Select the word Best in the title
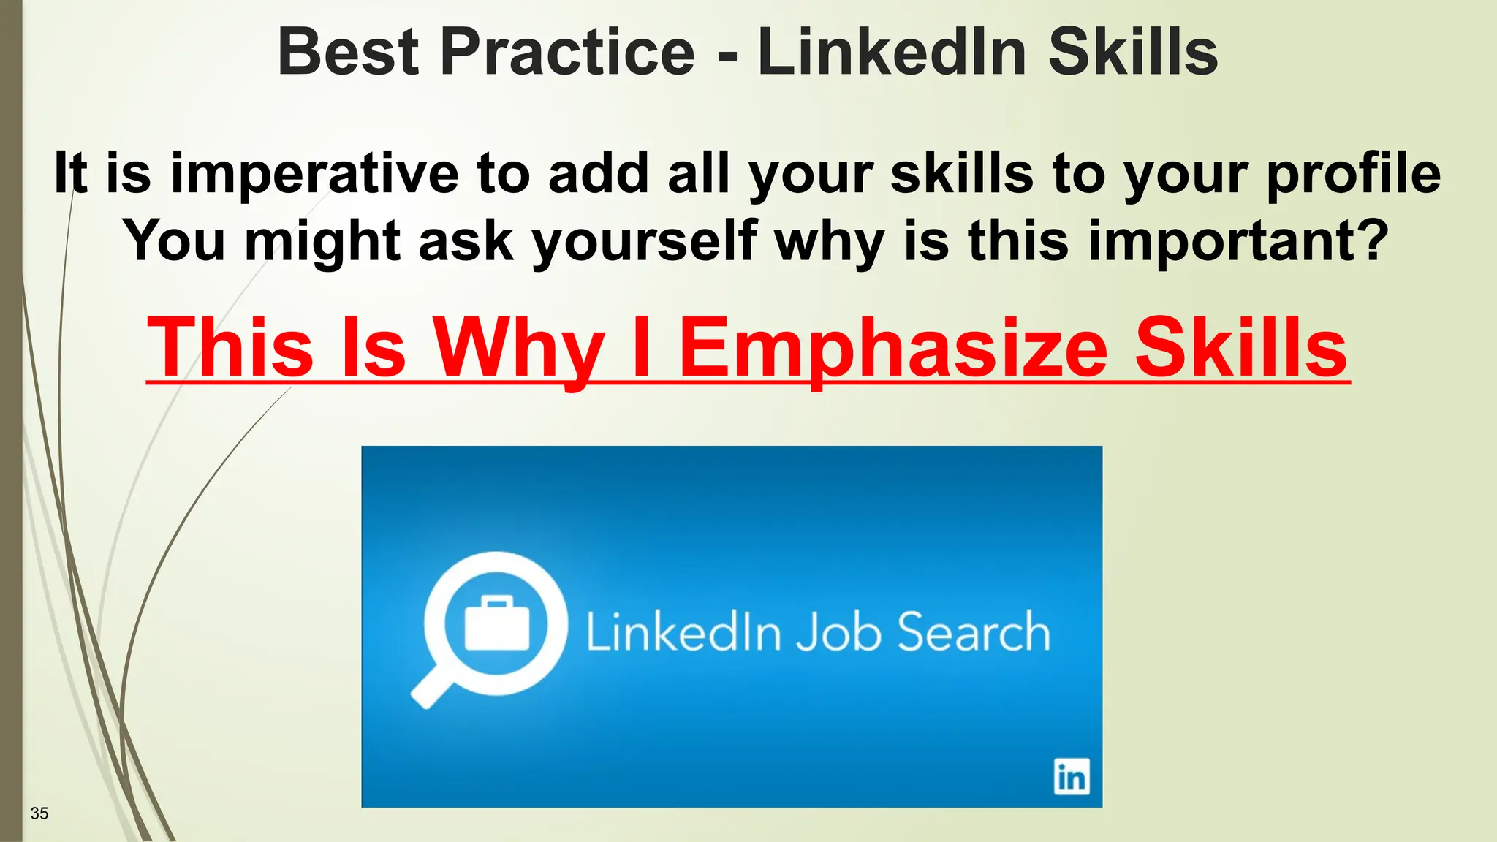click(x=348, y=53)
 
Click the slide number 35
click(x=39, y=813)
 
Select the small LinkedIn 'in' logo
click(x=1071, y=776)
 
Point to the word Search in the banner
click(x=973, y=631)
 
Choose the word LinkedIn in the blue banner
click(x=683, y=631)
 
